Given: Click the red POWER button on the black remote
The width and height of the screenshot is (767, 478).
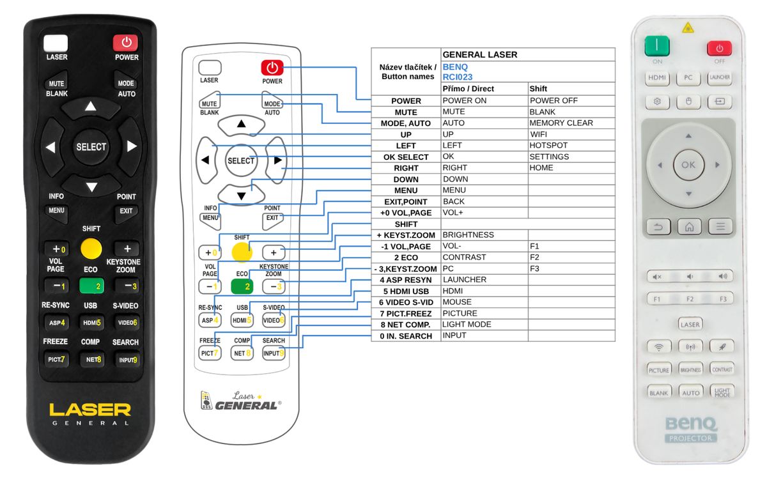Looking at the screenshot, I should pos(126,43).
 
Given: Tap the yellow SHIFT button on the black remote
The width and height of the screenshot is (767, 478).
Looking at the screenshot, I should pos(91,248).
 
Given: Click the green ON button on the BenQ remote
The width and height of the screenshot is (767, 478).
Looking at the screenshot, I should pos(656,47).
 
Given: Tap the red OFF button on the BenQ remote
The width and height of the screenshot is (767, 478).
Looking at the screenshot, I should pos(719,49).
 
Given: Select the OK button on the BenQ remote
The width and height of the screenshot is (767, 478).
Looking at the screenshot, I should pos(688,165).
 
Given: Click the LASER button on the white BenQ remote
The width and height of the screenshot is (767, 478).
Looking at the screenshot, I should pos(690,324).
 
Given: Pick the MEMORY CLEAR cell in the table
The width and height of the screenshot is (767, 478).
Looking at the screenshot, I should pos(561,123).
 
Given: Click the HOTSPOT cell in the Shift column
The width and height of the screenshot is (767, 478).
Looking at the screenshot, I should pos(549,145).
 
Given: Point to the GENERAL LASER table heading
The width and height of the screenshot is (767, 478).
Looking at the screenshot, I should pos(480,55).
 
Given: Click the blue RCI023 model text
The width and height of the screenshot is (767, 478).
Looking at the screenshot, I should pos(458,77).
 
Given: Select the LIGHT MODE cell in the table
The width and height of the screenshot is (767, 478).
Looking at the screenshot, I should pos(467,324).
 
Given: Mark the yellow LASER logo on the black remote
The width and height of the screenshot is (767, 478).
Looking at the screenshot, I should pos(90,409).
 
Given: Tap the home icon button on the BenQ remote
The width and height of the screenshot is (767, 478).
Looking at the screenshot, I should pos(688,226).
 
